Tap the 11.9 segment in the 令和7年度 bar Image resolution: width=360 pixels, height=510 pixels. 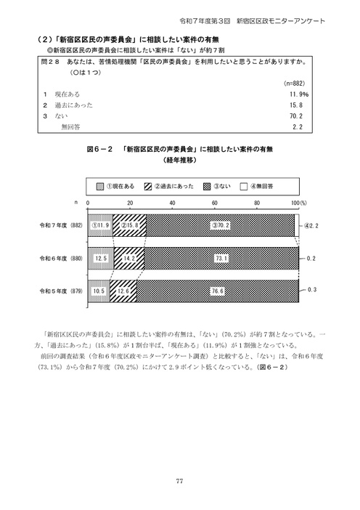[x=100, y=225]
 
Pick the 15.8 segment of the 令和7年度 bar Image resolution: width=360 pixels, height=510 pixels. [x=130, y=225]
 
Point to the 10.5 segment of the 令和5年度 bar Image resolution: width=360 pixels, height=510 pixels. [x=99, y=291]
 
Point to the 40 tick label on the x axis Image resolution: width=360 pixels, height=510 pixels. [x=172, y=202]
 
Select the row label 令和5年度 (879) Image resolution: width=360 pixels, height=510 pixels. [x=61, y=291]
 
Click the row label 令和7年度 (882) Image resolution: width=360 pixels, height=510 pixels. [x=61, y=225]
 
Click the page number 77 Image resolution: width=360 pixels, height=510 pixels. [x=179, y=481]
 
